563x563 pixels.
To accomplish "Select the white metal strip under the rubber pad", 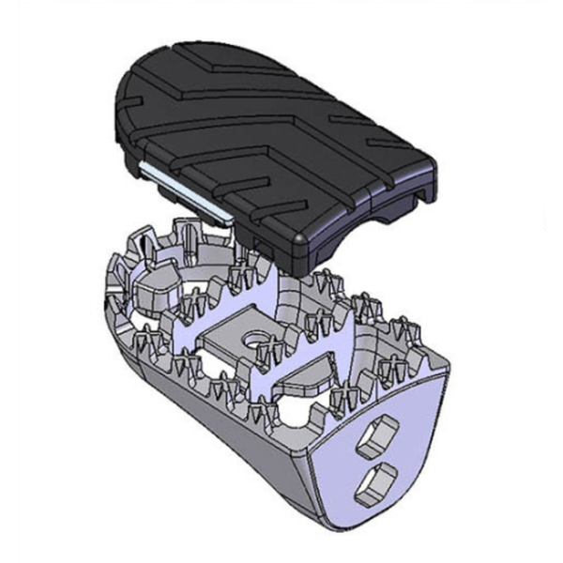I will pyautogui.click(x=183, y=189).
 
